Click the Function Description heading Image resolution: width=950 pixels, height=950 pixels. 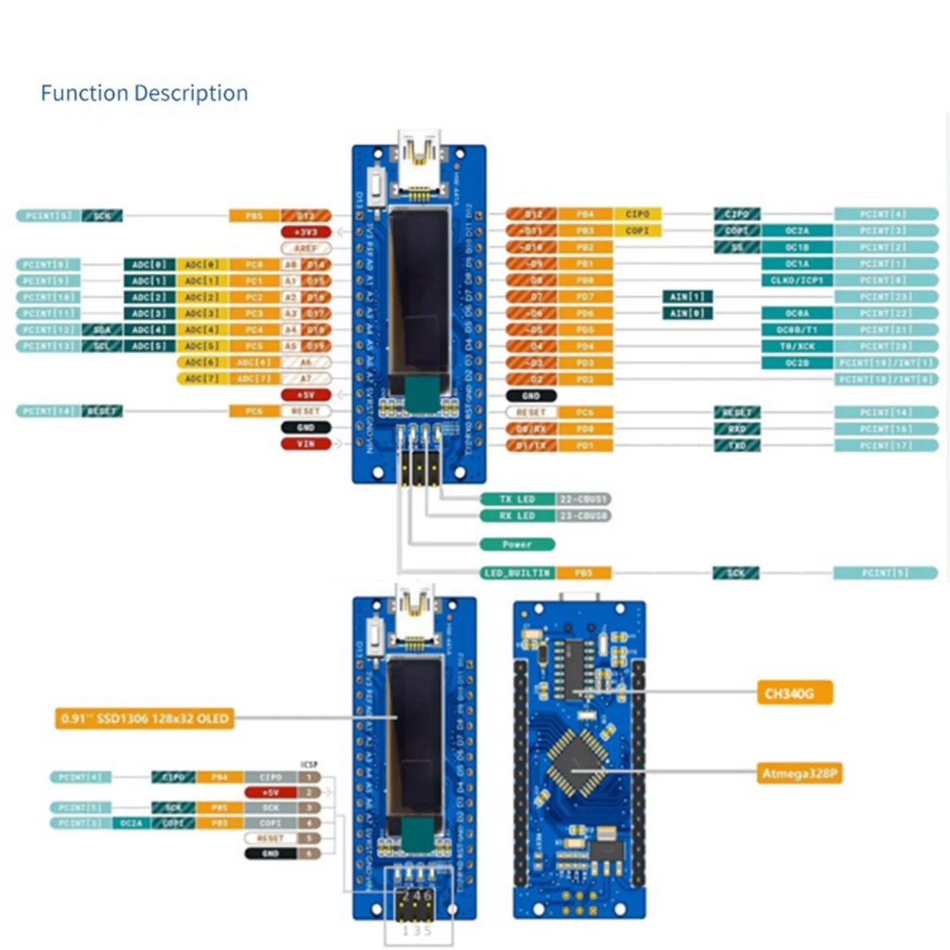pos(144,93)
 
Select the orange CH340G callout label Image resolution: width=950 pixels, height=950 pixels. pos(794,693)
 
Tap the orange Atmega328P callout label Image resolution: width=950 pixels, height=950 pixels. pos(800,773)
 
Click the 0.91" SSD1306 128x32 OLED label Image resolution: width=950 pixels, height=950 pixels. pos(145,719)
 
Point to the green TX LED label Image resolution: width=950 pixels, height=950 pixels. pos(517,500)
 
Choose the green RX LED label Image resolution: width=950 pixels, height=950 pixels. pos(517,516)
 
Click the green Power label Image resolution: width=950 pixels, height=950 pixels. pos(517,545)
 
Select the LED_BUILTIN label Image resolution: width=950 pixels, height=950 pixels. pos(517,572)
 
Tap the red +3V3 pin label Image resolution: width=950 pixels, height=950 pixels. pos(306,232)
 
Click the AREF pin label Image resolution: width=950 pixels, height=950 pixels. pos(306,249)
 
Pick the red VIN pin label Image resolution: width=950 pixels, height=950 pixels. pos(306,444)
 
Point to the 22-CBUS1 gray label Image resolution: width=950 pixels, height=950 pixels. pos(584,500)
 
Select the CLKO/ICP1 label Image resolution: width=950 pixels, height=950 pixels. pos(796,280)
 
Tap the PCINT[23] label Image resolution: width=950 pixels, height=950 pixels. pos(886,297)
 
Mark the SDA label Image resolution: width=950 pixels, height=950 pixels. pos(102,330)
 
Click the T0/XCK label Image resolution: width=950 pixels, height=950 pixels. pos(796,346)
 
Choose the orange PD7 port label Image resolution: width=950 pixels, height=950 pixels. pos(585,297)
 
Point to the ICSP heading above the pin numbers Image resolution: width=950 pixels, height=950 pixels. pos(309,765)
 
